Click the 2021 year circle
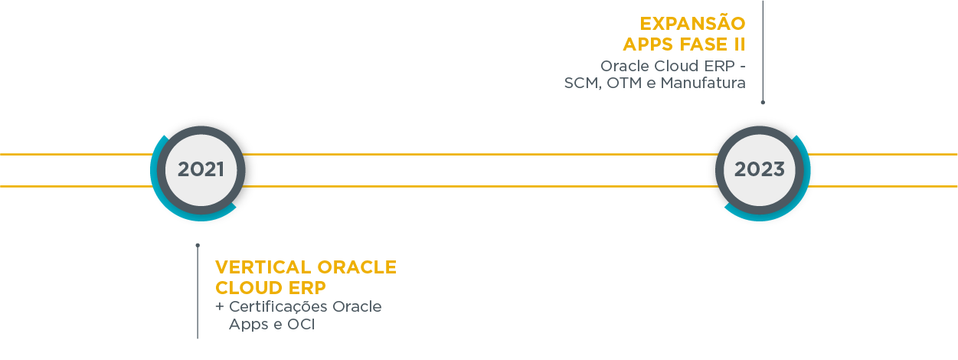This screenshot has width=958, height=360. [x=201, y=169]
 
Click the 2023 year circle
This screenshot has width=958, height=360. [x=759, y=169]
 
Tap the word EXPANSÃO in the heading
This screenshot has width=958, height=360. [x=693, y=24]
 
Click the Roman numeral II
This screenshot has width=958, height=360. [x=738, y=44]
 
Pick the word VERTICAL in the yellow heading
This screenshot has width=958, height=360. [x=263, y=267]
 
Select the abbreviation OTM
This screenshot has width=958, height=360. [x=627, y=83]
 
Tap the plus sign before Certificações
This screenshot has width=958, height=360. [x=220, y=307]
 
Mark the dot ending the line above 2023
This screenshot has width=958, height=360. [x=763, y=101]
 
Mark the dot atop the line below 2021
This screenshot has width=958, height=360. [x=198, y=245]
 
